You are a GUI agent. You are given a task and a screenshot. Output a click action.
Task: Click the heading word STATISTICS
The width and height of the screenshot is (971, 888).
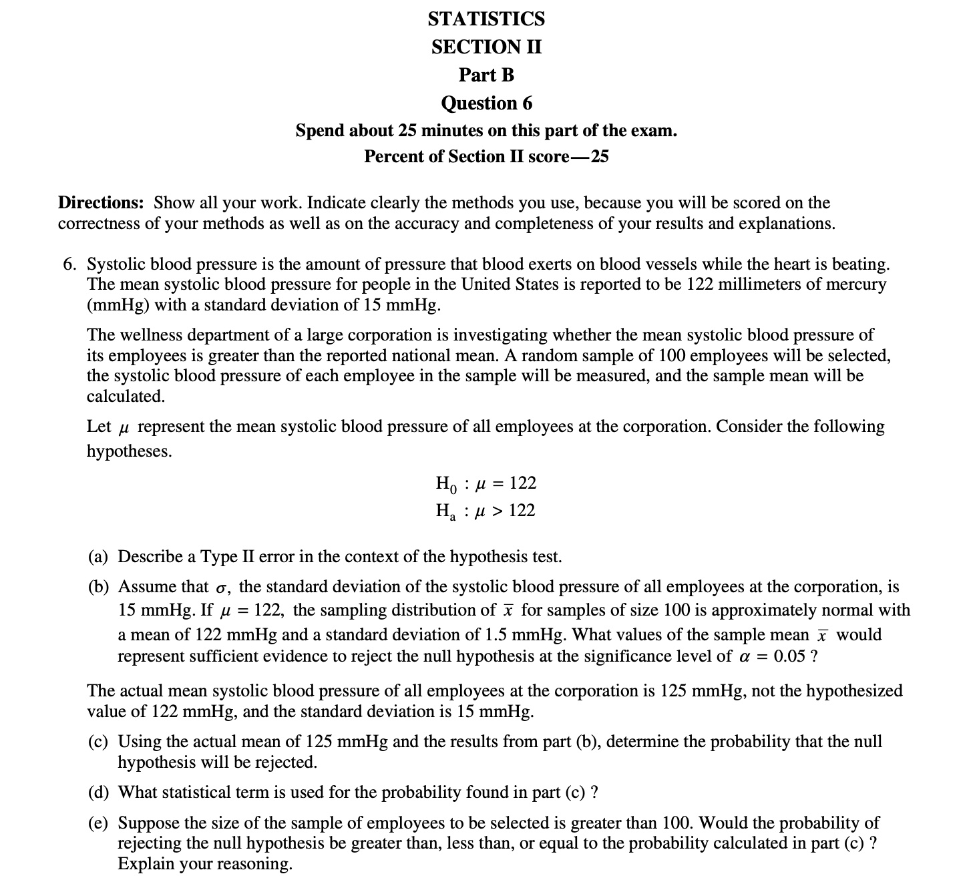[486, 19]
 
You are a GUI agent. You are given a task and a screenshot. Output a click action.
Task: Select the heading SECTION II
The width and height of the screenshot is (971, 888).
[486, 47]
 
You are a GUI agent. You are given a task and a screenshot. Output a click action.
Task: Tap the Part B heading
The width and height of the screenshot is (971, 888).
[486, 75]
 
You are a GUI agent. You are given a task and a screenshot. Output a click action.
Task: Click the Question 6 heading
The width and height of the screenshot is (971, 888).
[486, 103]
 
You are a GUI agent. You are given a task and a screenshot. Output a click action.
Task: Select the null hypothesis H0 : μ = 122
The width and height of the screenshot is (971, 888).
[485, 483]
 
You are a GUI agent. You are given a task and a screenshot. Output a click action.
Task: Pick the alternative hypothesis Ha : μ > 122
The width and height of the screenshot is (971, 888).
[485, 511]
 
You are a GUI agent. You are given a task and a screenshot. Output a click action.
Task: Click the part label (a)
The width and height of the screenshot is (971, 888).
[100, 557]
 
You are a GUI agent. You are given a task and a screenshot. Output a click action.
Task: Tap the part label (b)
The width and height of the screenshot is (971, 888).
[100, 587]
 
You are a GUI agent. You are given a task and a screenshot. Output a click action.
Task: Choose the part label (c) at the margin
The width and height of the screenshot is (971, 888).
[100, 742]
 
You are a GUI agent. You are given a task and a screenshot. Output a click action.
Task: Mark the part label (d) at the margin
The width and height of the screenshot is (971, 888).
[100, 793]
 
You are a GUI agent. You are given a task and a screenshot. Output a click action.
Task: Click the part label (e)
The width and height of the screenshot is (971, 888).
[100, 823]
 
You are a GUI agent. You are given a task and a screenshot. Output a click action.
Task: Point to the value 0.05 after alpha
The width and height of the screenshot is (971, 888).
[789, 656]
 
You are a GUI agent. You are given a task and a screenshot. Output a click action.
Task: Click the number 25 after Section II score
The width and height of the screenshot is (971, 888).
[599, 157]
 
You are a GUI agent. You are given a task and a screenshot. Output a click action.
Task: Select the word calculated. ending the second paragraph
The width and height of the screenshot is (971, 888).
[126, 397]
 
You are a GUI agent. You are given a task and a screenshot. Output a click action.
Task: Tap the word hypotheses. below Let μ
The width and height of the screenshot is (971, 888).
[129, 451]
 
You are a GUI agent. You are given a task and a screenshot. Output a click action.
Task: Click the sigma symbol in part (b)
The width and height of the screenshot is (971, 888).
[222, 588]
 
